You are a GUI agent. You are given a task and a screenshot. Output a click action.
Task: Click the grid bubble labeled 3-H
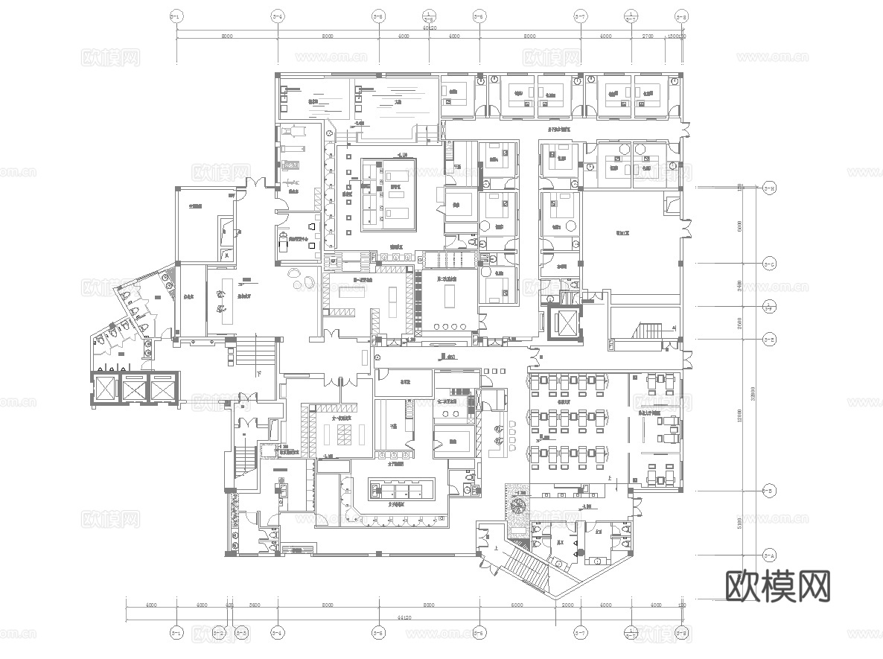(x=770, y=187)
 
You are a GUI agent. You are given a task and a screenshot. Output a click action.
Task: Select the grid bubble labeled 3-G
(x=770, y=264)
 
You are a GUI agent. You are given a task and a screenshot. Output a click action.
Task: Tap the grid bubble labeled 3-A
(x=770, y=555)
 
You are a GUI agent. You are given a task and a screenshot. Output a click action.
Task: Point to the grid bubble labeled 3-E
(x=770, y=340)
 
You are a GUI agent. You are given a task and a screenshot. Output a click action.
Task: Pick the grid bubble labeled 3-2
(x=219, y=634)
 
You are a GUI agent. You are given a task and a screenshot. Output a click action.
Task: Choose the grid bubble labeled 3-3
(x=241, y=634)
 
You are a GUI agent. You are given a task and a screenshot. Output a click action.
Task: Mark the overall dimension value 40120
(x=429, y=28)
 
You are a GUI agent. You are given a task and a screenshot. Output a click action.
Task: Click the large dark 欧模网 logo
(x=777, y=586)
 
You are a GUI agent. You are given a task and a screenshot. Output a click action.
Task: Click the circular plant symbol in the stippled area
(x=517, y=506)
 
